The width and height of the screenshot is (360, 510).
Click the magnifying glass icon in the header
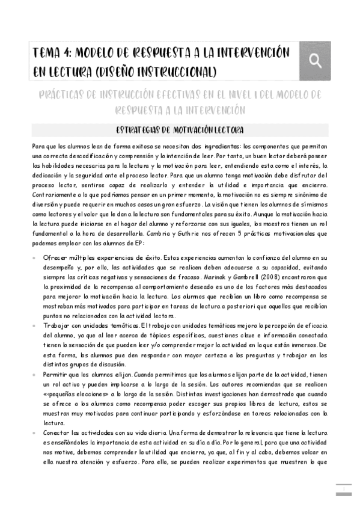point(314,60)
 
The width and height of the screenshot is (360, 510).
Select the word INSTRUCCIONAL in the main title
point(178,72)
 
